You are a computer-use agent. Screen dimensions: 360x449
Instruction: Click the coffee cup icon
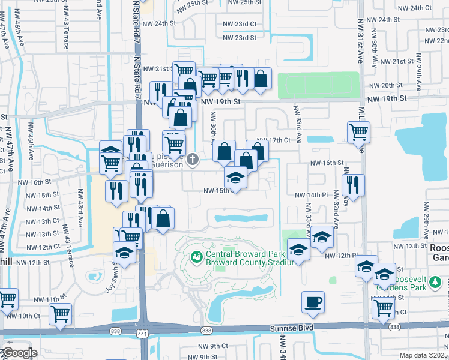[x=313, y=302]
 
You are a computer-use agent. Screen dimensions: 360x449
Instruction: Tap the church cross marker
[x=193, y=159]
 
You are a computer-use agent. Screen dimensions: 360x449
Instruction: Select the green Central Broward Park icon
[x=196, y=256]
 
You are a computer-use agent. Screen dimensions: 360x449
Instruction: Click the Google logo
[x=19, y=353]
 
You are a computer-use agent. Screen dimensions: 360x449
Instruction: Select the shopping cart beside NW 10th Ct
[x=61, y=313]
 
